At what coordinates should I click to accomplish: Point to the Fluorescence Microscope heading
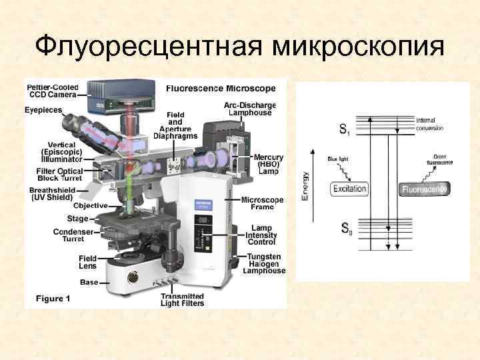[220, 88]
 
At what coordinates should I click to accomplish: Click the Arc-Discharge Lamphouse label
[251, 109]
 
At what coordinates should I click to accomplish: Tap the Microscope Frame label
[262, 204]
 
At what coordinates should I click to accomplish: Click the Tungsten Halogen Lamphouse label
[265, 263]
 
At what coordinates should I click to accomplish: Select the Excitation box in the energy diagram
[349, 189]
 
